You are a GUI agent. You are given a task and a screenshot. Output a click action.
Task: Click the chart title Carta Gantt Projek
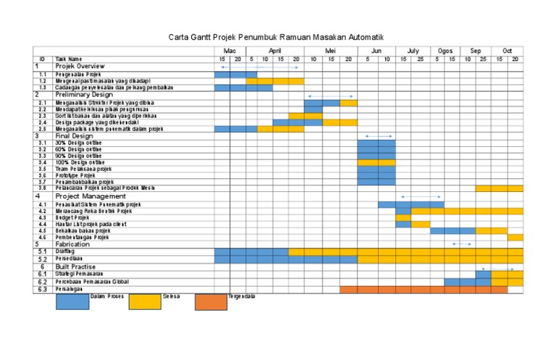click(x=276, y=36)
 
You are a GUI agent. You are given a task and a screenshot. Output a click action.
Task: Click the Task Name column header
click(x=69, y=59)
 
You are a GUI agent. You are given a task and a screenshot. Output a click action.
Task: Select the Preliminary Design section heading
click(x=83, y=94)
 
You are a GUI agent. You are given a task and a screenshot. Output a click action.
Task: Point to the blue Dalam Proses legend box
click(x=72, y=301)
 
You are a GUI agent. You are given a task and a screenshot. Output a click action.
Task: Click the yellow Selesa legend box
click(x=145, y=301)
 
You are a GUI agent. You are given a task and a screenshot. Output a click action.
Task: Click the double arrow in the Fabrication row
click(x=461, y=244)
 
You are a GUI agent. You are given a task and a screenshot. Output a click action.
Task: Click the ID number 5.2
click(x=43, y=259)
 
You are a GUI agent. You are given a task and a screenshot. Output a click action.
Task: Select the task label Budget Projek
click(x=72, y=217)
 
